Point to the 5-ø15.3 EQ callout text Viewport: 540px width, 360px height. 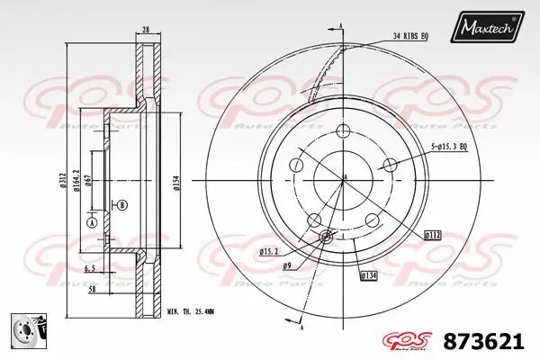pos(454,145)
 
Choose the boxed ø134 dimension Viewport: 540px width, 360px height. pos(369,274)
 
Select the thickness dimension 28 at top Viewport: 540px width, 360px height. pos(145,30)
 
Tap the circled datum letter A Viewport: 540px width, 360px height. pos(91,222)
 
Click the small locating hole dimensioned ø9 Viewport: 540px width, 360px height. pos(327,237)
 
